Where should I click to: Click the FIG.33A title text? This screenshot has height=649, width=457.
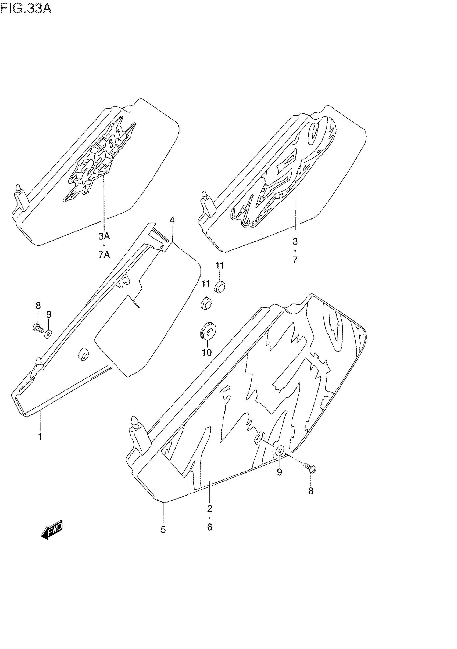[x=26, y=9]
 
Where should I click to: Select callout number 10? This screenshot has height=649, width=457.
[x=207, y=352]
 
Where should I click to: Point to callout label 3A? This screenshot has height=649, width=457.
[x=104, y=236]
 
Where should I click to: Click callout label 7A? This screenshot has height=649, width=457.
[x=104, y=255]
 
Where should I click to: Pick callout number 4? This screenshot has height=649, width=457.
[x=172, y=220]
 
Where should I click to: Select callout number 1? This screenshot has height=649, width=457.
[x=40, y=437]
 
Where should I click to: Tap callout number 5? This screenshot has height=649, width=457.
[x=163, y=530]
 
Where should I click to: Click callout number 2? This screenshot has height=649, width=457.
[x=210, y=509]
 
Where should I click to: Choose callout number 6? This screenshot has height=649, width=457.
[x=210, y=527]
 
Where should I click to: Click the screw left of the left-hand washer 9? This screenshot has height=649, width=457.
[x=38, y=328]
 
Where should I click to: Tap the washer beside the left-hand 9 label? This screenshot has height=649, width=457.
[x=48, y=334]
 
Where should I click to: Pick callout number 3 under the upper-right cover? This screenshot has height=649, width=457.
[x=295, y=241]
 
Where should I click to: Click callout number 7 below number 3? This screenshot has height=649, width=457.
[x=295, y=260]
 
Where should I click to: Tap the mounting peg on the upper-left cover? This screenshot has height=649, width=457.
[x=18, y=189]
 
